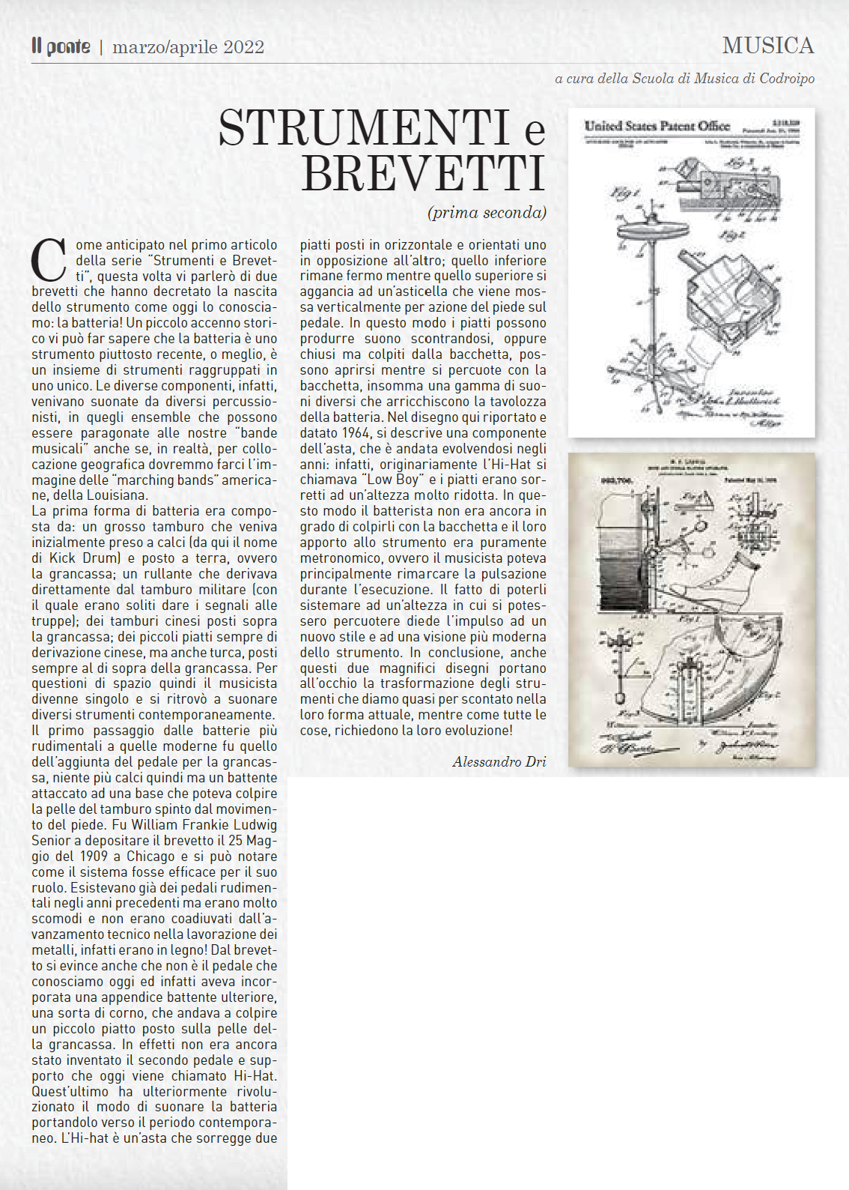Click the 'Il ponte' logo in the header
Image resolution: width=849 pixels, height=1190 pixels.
(x=61, y=46)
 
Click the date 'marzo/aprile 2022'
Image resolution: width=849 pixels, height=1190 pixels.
(x=188, y=47)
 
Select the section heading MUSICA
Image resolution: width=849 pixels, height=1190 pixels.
(x=767, y=46)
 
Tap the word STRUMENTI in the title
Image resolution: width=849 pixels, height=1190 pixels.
(x=364, y=128)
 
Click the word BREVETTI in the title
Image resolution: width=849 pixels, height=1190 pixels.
(x=423, y=174)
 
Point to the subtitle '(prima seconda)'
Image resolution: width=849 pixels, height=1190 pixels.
(x=487, y=212)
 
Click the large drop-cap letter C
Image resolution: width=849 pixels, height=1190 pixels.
(x=49, y=261)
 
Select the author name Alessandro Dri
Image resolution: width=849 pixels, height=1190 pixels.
(x=499, y=761)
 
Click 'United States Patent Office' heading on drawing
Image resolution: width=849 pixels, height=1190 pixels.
(x=657, y=126)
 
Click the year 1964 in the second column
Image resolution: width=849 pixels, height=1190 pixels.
(x=356, y=432)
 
